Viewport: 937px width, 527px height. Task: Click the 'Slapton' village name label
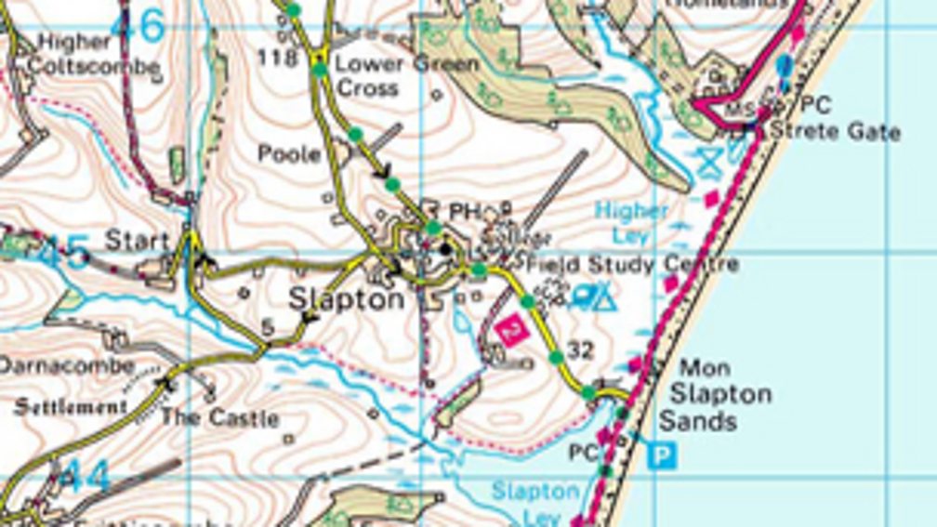coord(346,299)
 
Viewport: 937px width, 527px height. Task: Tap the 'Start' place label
coord(138,241)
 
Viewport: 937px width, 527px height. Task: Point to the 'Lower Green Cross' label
coord(406,76)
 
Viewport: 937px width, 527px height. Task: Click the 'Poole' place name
coord(289,154)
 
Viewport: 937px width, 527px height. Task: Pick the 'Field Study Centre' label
coord(632,265)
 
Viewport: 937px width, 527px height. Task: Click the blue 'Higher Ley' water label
coord(631,222)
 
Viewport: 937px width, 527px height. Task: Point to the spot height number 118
coord(278,59)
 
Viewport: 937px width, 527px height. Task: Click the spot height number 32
coord(580,350)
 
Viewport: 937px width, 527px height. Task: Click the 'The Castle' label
coord(219,417)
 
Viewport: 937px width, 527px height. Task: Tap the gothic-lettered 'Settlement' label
coord(71,406)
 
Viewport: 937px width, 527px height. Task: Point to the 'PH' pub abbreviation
coord(462,212)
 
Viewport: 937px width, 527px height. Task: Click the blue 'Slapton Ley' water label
coord(535,501)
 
